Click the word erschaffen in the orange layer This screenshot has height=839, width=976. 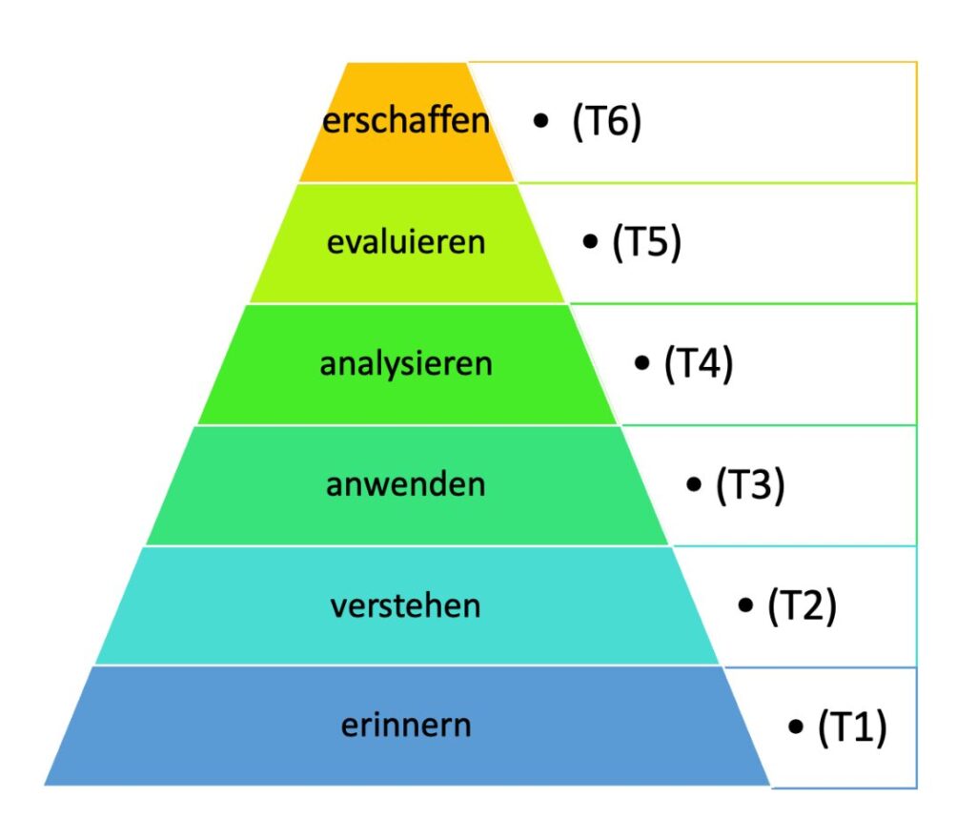[x=406, y=119]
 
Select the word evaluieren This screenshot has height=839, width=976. [x=406, y=241]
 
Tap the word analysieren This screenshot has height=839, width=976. [x=406, y=363]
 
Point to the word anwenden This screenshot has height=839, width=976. [x=406, y=484]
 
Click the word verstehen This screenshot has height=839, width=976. [x=406, y=605]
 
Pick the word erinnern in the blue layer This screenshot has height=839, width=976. [x=406, y=726]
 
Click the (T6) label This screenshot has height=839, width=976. [x=606, y=121]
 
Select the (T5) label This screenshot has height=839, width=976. [x=647, y=241]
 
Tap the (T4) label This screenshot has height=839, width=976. [x=699, y=363]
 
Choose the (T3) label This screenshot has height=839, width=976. [x=750, y=484]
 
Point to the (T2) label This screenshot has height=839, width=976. [x=802, y=605]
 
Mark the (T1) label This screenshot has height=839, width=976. [x=852, y=726]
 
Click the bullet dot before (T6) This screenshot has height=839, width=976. [x=541, y=120]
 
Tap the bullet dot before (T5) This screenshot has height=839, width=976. [x=590, y=241]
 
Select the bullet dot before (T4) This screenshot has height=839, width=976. [x=641, y=362]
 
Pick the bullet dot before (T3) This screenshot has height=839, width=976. [x=694, y=483]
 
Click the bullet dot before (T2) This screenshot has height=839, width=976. [x=745, y=604]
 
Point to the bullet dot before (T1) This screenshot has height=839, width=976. [x=796, y=726]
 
